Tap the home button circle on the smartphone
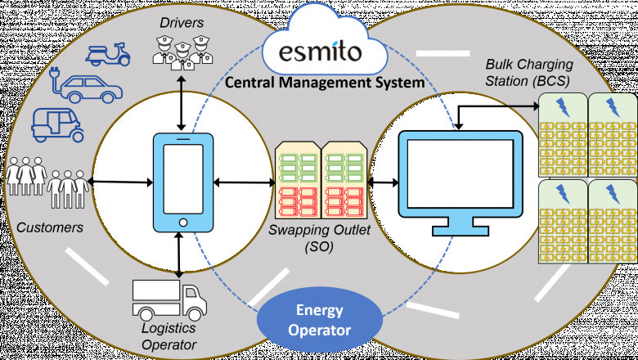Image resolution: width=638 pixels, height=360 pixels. [184, 222]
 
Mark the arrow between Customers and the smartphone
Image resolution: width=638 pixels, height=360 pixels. [122, 179]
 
